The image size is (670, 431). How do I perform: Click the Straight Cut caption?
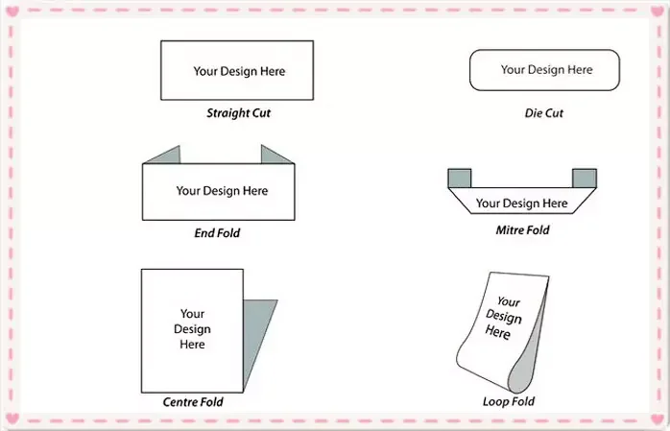239,113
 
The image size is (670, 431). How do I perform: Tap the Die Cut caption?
544,113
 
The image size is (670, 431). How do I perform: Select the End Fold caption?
217,232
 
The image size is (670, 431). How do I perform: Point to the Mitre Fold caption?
522,230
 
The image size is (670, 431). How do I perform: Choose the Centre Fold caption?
193,402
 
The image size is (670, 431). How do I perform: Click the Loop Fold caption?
509,401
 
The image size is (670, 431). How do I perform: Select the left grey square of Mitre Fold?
461,179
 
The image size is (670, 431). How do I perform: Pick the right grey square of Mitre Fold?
584,179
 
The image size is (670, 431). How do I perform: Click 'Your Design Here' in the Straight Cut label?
239,71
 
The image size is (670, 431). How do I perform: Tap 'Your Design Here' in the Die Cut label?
546,70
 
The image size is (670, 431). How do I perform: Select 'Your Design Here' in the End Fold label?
222,191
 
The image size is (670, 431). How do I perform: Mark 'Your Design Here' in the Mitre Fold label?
521,204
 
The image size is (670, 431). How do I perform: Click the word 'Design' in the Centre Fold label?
192,329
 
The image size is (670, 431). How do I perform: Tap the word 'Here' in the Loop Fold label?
497,332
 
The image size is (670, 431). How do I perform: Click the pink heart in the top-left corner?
12,12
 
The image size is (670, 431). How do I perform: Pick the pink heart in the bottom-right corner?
658,419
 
